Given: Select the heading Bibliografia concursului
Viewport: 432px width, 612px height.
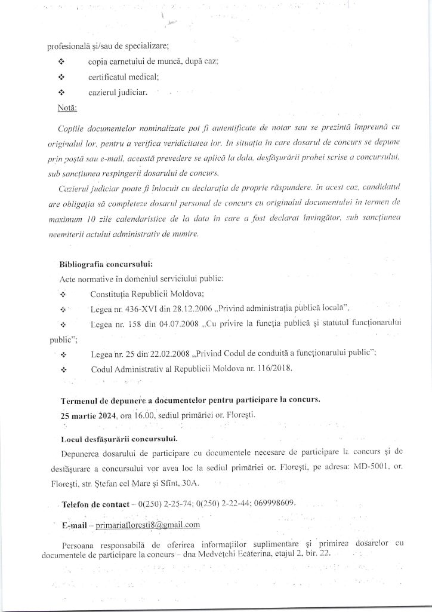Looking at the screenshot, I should [x=106, y=264].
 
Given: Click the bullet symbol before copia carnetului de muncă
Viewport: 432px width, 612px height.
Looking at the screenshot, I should [x=61, y=62].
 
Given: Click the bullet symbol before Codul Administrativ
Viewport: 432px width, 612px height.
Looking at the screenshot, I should [x=64, y=369].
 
